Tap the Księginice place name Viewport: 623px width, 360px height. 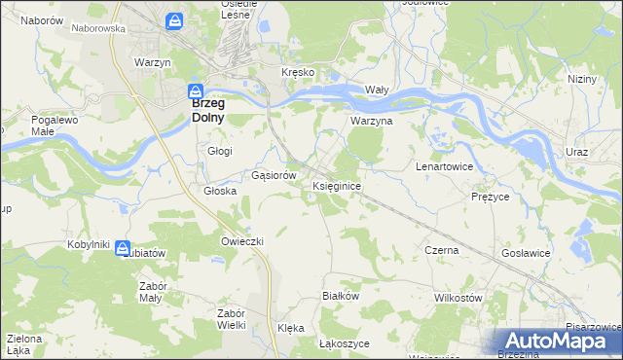[338, 185]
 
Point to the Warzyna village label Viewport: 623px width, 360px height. [371, 123]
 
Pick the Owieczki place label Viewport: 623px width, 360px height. [242, 240]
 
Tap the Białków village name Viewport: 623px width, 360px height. [341, 295]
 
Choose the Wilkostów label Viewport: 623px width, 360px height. [458, 297]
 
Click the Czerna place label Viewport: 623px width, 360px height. [441, 250]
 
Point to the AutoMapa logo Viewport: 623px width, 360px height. [558, 342]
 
